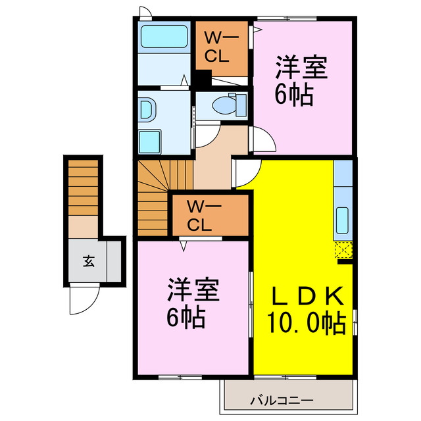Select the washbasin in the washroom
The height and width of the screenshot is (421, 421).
(x=147, y=107)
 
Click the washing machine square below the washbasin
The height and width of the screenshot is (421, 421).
(x=151, y=140)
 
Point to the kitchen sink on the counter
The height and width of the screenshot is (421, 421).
(x=343, y=220)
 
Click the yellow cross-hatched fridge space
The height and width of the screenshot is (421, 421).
(x=343, y=251)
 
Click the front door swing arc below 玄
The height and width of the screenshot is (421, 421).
(x=83, y=301)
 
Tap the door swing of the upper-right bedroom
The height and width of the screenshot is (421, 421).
(x=264, y=139)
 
